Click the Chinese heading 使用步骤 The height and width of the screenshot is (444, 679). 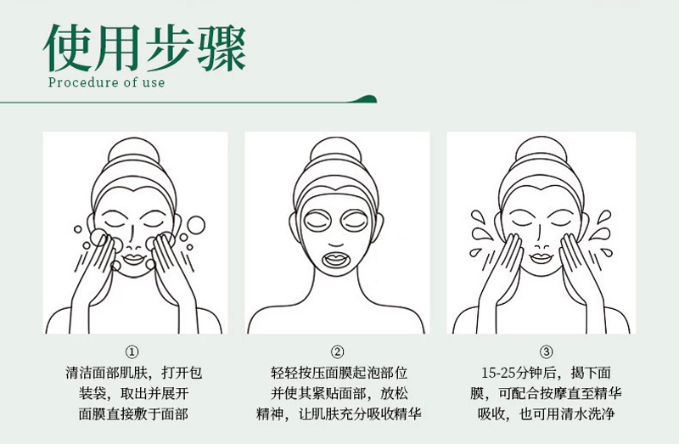click(145, 48)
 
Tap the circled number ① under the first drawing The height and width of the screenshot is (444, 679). click(132, 351)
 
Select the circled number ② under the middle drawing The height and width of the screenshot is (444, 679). click(337, 351)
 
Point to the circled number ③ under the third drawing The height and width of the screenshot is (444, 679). click(546, 351)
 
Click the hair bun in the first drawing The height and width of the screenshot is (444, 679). click(134, 150)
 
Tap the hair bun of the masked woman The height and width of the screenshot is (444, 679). click(335, 150)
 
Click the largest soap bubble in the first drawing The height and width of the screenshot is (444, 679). click(196, 225)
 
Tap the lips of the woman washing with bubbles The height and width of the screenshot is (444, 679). click(134, 259)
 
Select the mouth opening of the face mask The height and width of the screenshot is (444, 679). click(336, 260)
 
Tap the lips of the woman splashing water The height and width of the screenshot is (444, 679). click(541, 258)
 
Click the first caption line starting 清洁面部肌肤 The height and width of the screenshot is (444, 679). click(134, 373)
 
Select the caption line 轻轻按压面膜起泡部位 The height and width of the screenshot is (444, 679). click(339, 373)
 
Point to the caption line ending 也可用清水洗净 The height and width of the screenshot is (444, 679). click(546, 414)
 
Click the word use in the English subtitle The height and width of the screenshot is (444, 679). click(154, 82)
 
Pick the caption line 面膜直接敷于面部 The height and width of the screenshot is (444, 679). click(133, 414)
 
